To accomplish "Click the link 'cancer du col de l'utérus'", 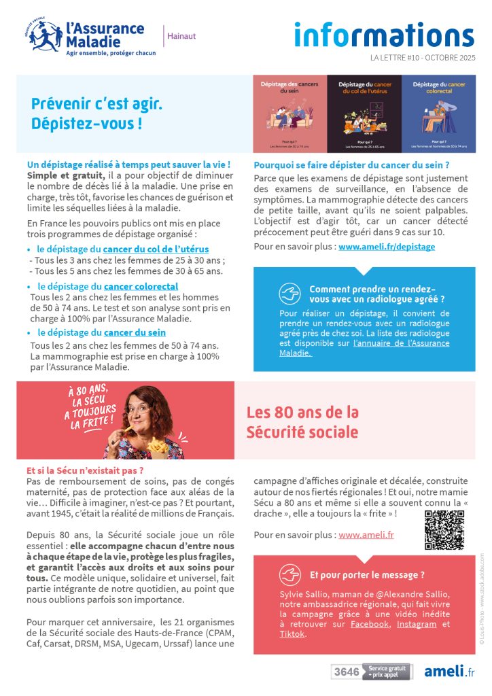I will [x=156, y=249].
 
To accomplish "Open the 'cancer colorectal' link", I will [x=141, y=287].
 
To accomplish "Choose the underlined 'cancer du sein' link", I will [x=135, y=333].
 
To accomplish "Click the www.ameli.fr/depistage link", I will [x=387, y=247].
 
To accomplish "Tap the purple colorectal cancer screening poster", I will [x=438, y=114].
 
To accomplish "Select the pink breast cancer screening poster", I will [x=289, y=114].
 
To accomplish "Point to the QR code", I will [x=444, y=529].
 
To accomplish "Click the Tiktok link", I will [x=292, y=634].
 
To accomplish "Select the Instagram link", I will [x=417, y=624].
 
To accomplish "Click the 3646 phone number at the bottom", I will [x=346, y=672].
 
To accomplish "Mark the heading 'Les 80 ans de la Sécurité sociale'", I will [x=302, y=422].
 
